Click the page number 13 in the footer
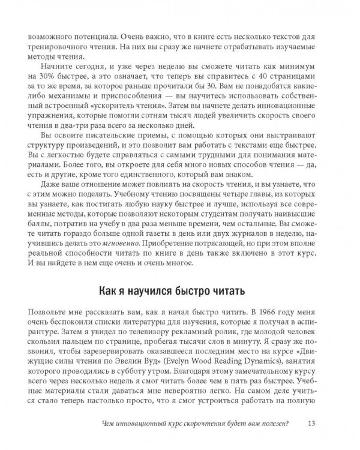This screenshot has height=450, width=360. click(311, 427)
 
